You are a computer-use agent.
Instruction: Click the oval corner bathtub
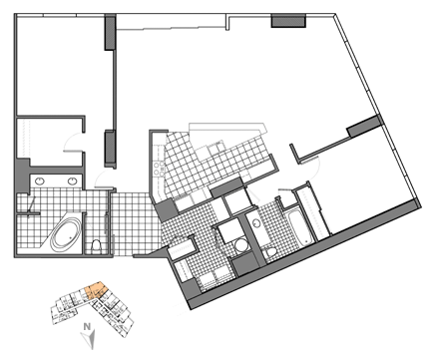65,235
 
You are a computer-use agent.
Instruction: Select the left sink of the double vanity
40,180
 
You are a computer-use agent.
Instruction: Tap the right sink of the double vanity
72,180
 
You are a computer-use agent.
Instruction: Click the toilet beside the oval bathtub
96,246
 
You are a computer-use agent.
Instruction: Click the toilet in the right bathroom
270,252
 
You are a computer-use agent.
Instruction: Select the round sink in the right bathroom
256,223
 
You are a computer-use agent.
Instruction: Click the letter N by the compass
87,326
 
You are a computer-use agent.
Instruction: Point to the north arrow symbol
90,340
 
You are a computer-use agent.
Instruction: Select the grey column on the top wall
288,21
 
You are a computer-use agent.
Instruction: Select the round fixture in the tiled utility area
240,246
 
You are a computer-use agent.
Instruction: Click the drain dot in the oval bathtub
71,237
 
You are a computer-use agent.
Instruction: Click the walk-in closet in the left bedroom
50,142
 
